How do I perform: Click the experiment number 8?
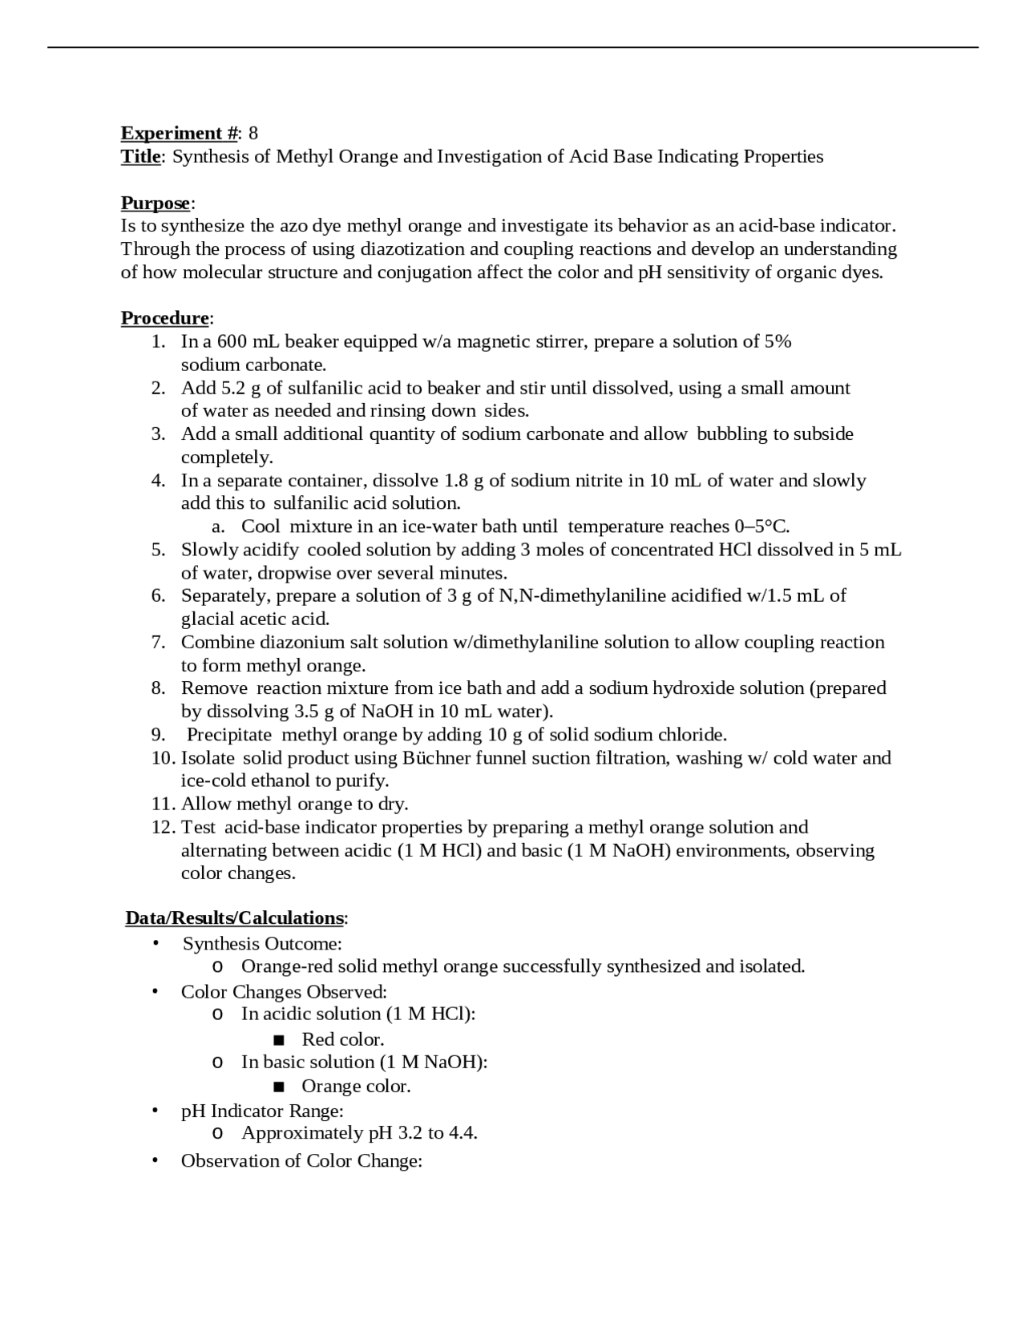pyautogui.click(x=253, y=133)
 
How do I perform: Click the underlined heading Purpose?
pyautogui.click(x=156, y=203)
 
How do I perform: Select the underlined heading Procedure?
pyautogui.click(x=164, y=318)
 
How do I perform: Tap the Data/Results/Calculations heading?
pyautogui.click(x=234, y=918)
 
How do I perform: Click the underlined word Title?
pyautogui.click(x=140, y=156)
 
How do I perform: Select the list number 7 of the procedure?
pyautogui.click(x=158, y=643)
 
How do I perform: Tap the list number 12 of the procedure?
pyautogui.click(x=163, y=828)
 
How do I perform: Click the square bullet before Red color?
pyautogui.click(x=278, y=1040)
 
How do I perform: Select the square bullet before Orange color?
pyautogui.click(x=278, y=1087)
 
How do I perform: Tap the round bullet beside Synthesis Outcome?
pyautogui.click(x=155, y=944)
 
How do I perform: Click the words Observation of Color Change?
pyautogui.click(x=301, y=1161)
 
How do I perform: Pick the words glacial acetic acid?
pyautogui.click(x=255, y=619)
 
